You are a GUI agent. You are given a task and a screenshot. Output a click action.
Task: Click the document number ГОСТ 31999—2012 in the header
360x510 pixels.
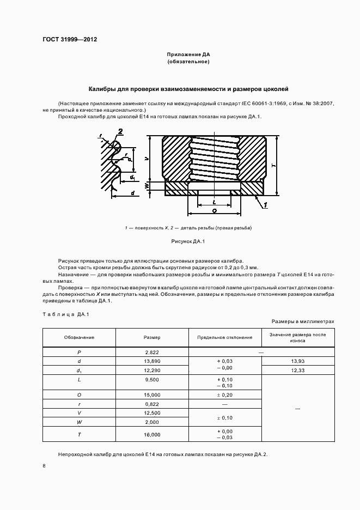click(66, 39)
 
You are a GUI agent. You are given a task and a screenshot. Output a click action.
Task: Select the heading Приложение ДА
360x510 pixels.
click(188, 54)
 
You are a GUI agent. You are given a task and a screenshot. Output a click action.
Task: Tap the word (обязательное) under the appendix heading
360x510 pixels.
click(188, 62)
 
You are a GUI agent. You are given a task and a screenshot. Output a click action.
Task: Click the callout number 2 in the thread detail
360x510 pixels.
click(120, 131)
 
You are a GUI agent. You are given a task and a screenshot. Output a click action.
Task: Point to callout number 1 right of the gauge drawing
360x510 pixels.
click(265, 204)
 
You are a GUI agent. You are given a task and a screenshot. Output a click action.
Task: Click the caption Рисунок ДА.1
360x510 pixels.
click(188, 240)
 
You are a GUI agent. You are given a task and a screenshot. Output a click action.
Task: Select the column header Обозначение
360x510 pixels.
click(79, 337)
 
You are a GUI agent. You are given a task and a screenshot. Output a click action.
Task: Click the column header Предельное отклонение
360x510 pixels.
click(225, 337)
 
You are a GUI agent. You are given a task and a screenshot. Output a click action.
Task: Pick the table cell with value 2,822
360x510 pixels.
click(152, 352)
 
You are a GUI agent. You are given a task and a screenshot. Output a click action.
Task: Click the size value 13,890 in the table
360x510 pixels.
click(152, 361)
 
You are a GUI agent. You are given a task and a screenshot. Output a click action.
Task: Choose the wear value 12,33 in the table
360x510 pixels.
click(298, 371)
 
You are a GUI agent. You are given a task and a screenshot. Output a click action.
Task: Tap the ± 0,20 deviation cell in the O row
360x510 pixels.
click(225, 394)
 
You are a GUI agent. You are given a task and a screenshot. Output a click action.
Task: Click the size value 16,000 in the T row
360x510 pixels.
click(152, 434)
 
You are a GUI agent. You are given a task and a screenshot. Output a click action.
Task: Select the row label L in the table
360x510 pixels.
click(79, 379)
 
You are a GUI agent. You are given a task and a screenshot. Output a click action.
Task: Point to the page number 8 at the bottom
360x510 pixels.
click(44, 465)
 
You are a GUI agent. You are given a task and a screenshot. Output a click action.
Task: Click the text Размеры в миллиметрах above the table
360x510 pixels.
click(302, 321)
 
